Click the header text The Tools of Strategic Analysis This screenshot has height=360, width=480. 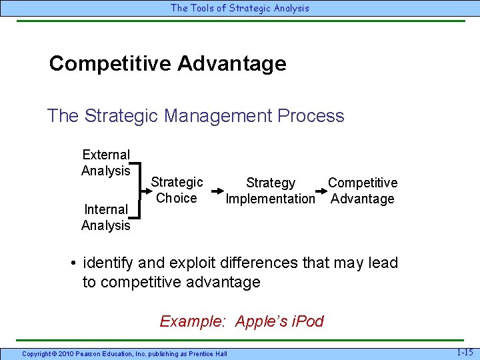pos(240,8)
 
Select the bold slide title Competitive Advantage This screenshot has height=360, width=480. pos(167,63)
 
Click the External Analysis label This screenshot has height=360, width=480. pos(105,163)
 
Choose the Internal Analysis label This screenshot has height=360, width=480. pos(105,217)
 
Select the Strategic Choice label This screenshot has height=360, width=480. pos(177,190)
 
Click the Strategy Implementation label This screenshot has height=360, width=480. pos(270,191)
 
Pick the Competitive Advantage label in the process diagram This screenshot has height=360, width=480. pos(363,191)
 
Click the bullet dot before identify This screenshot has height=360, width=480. pos(73,263)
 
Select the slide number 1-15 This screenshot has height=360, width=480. pos(464,351)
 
